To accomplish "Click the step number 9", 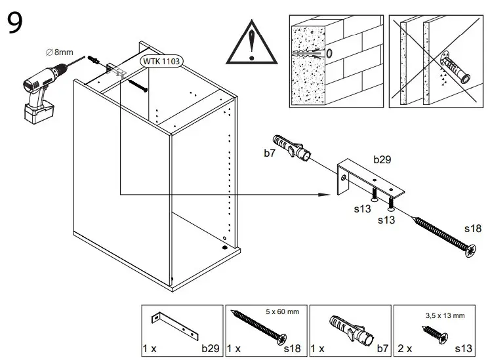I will point(16,24).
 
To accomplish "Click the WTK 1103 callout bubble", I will point(161,60).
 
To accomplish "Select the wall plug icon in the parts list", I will point(350,330).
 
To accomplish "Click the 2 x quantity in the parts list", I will point(405,348).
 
